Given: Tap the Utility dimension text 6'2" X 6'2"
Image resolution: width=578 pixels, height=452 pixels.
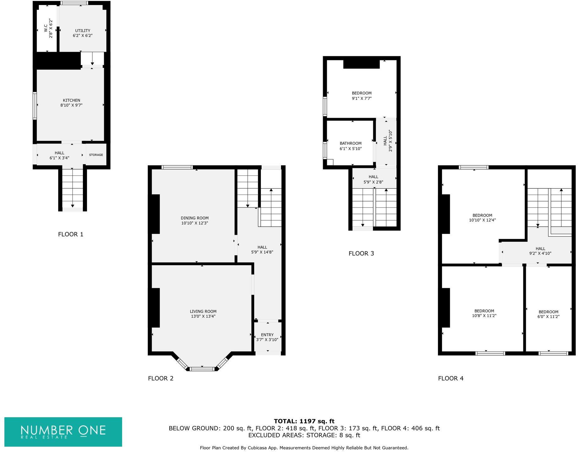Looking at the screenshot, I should pos(83,35).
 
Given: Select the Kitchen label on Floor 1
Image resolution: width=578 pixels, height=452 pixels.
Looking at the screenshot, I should pos(72,100).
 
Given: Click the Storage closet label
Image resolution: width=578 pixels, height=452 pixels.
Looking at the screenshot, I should pos(96,155).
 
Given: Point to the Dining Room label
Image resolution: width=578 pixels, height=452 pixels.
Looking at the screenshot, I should pos(194,218).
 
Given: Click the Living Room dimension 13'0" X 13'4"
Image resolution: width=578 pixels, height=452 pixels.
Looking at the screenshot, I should pos(203,316).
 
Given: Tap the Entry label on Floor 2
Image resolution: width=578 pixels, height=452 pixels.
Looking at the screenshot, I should pos(267,335).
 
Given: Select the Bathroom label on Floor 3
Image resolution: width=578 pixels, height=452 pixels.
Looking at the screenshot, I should pos(350,143).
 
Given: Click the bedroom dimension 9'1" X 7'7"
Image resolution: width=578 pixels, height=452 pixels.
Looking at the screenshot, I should pos(362,98).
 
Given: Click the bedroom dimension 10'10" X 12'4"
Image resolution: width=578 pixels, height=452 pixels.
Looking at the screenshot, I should pos(482,220).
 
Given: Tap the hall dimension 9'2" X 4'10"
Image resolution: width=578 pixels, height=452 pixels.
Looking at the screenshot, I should pos(540,253).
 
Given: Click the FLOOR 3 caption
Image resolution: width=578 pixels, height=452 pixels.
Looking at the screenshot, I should pos(361,253).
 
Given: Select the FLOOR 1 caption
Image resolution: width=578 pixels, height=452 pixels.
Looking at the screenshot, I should pos(71,234).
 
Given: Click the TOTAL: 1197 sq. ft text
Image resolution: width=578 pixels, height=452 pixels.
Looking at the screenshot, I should pos(304,421).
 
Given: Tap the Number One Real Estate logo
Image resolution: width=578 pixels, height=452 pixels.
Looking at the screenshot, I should pos(63,432).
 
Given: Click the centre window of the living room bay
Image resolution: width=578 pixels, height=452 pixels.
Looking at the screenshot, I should pos(203,369).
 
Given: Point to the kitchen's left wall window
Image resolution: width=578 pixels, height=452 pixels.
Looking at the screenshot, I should pos(35,105).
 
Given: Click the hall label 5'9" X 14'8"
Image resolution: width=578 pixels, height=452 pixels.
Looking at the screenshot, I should pos(262,250).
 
